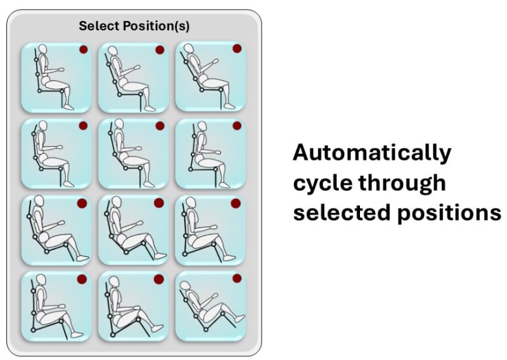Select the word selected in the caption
(x=338, y=213)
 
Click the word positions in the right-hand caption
(x=446, y=214)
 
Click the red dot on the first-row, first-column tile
(x=82, y=49)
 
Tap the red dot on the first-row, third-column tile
(x=236, y=49)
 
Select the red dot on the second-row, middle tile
(x=159, y=126)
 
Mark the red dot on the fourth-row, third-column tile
(x=236, y=278)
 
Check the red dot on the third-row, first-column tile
(x=82, y=203)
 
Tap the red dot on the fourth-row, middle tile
(x=159, y=279)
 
